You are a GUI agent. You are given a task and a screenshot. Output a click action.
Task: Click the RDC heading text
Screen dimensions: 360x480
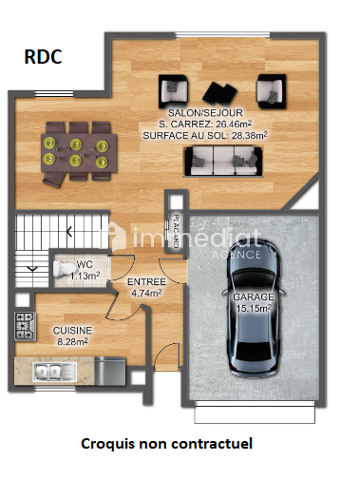(x=43, y=57)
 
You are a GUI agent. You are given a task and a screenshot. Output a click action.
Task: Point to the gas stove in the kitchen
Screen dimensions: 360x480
(x=25, y=326)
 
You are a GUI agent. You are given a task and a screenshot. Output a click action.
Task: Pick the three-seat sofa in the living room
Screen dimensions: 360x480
(x=223, y=161)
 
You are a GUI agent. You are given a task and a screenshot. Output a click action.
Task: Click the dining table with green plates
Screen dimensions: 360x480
(x=78, y=153)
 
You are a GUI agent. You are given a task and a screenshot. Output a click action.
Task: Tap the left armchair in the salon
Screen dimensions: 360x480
(x=173, y=90)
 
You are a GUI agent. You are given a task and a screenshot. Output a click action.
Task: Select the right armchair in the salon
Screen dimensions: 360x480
(x=272, y=91)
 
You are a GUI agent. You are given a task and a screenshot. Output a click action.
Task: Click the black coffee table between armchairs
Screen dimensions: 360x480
(x=219, y=92)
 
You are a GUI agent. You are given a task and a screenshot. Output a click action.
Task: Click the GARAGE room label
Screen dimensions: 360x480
(x=254, y=298)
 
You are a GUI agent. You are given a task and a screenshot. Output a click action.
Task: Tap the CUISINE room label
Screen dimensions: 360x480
(x=72, y=331)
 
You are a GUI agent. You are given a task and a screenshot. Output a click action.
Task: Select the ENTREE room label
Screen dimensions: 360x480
(x=146, y=281)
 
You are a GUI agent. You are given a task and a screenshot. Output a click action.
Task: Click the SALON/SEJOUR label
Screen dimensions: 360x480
(x=205, y=113)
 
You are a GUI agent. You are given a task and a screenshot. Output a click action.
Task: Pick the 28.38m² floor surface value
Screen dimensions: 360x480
(x=250, y=135)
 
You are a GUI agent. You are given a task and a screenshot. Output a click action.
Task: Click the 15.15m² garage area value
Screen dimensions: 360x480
(x=254, y=308)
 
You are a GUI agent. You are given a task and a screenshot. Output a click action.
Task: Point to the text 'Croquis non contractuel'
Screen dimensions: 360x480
(x=167, y=444)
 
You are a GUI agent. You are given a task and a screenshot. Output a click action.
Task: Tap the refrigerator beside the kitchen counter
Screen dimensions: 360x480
(x=110, y=371)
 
